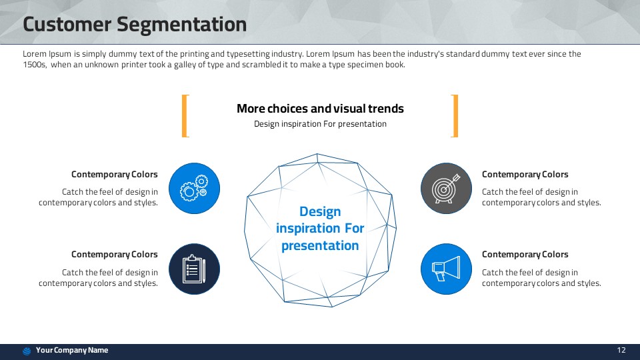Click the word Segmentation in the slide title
coord(181,25)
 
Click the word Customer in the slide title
coord(67,24)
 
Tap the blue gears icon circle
coord(194,188)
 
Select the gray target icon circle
coord(446,188)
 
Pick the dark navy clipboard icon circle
coord(194,269)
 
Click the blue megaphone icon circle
coord(446,269)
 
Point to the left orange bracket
coord(183,116)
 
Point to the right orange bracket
coord(456,116)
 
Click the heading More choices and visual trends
coord(320,109)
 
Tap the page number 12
coord(621,350)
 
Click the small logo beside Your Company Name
coord(27,351)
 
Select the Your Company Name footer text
coord(72,350)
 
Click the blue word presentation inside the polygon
coord(320,246)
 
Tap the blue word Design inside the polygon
coord(320,211)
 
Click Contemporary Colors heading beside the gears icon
coord(114,174)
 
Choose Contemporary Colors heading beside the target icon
coord(525,174)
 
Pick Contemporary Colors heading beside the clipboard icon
coord(114,254)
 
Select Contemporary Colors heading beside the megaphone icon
coord(525,254)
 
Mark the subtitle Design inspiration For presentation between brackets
coord(320,124)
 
